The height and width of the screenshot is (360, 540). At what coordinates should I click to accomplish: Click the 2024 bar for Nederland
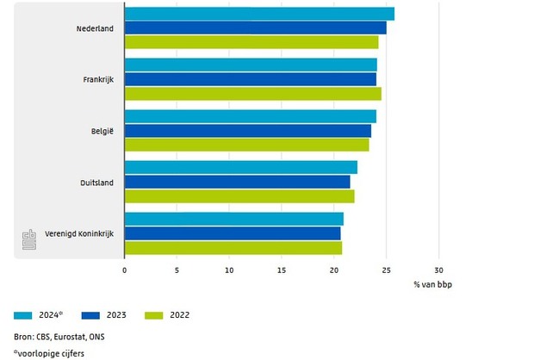258,14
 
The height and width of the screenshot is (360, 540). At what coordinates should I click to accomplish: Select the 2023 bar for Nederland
255,28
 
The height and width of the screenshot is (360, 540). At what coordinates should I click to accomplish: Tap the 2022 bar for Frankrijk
252,93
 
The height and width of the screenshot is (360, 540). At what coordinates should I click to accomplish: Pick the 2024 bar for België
250,116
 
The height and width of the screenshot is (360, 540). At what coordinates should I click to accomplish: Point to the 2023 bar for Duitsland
237,182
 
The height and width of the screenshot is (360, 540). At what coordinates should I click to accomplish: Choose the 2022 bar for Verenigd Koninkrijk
233,248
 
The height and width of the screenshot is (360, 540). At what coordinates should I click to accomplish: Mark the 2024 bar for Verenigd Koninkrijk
233,219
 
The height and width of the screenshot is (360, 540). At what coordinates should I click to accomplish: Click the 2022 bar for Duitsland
239,196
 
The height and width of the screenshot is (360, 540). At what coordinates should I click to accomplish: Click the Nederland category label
95,28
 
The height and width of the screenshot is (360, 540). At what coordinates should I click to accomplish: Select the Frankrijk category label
97,80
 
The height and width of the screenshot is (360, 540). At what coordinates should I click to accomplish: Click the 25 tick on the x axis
386,270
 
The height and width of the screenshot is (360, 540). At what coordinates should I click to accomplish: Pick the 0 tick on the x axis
124,270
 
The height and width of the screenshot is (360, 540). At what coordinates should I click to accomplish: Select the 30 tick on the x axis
438,270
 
